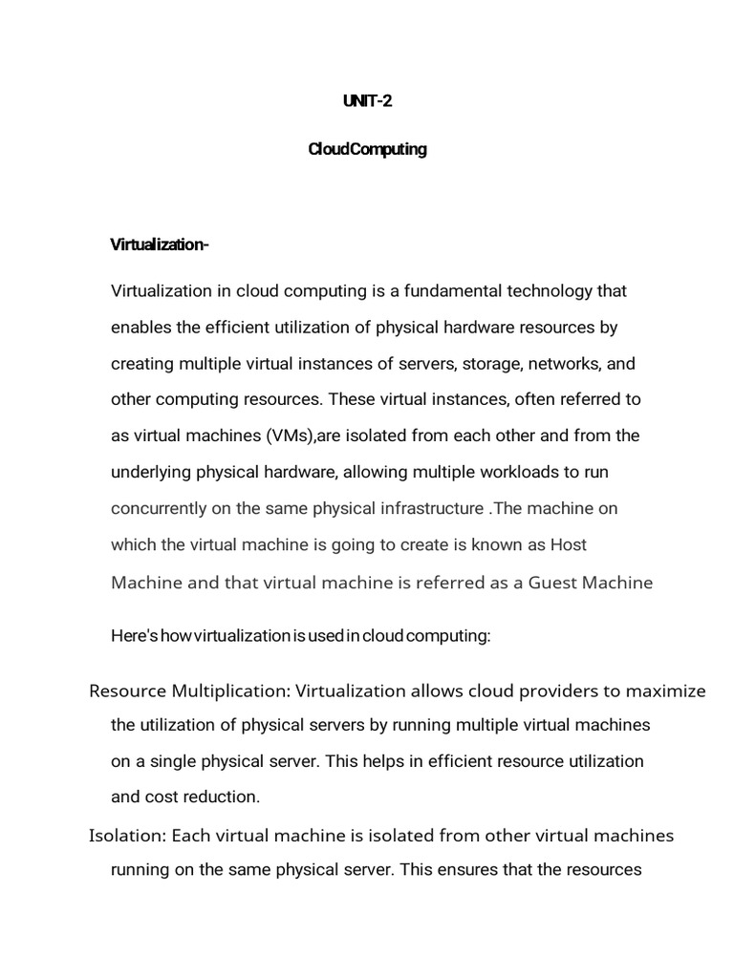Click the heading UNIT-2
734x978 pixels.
[367, 101]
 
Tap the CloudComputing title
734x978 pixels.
[367, 150]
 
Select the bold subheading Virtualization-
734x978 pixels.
[160, 244]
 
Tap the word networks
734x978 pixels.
[568, 364]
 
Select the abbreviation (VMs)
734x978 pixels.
[287, 436]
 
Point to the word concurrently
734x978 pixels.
[160, 508]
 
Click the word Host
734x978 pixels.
[569, 544]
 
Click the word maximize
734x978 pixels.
[670, 691]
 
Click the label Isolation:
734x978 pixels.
[128, 836]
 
